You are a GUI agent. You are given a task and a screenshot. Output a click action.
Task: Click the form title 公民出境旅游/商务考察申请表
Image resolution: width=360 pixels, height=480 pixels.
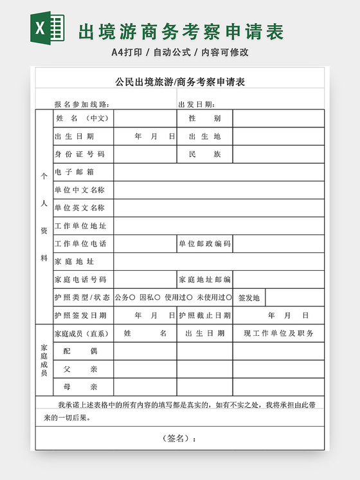point(180,82)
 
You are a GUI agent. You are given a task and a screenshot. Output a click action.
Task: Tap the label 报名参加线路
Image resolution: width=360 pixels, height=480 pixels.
point(82,104)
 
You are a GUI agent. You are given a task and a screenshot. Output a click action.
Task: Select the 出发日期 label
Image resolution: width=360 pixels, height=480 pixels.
point(197,104)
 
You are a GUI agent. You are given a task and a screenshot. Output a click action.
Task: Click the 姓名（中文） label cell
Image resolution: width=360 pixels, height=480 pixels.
point(83,118)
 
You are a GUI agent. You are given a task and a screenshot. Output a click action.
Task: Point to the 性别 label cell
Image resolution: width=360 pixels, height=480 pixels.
point(204,118)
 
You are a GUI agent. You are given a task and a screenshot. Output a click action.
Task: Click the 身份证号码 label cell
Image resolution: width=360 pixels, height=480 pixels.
point(79,154)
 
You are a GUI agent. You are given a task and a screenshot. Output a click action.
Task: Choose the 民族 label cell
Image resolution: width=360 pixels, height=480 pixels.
point(204,154)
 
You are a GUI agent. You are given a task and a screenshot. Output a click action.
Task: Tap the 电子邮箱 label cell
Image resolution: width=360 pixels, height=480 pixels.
point(75,172)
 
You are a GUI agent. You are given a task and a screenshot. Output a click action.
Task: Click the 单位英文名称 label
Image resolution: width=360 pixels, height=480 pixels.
point(80,208)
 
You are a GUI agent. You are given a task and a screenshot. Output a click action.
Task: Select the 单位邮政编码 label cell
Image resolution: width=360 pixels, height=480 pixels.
point(204,244)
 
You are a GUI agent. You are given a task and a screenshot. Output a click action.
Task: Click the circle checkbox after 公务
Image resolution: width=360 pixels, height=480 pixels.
point(132,297)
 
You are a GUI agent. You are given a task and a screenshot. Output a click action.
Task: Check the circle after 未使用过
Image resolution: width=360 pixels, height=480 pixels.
point(230,297)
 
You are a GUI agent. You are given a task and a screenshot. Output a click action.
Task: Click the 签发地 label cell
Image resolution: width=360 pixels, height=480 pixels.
point(249,298)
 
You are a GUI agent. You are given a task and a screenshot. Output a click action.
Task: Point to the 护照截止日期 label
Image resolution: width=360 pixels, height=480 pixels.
point(204,315)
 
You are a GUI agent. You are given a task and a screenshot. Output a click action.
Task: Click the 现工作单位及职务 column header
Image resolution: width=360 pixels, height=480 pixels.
point(278,333)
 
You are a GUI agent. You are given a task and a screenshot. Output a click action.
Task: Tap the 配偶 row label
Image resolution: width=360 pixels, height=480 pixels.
point(80,351)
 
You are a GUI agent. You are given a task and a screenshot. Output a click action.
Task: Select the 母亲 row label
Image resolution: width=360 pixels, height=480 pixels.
point(80,387)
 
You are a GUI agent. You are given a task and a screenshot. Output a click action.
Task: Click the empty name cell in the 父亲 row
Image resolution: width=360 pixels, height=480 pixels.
point(145,369)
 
